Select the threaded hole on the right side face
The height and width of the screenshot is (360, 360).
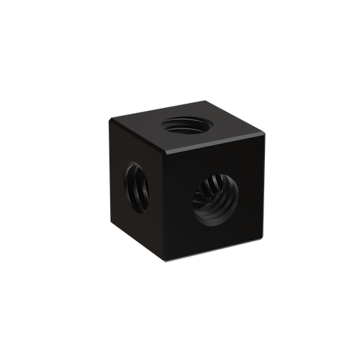213,199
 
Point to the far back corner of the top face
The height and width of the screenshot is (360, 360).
204,100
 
